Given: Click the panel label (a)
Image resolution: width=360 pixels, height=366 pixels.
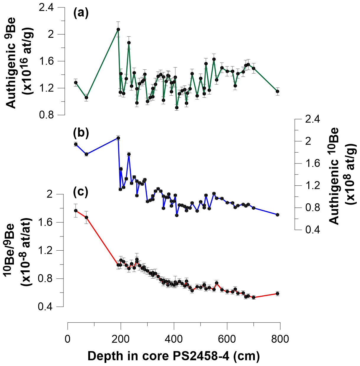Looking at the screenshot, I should coord(81,13).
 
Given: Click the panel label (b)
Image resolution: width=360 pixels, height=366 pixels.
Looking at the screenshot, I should coord(81,133).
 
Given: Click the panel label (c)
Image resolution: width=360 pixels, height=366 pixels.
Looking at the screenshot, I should coord(81,192).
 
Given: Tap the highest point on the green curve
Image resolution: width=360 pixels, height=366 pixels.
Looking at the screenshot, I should coord(118,30).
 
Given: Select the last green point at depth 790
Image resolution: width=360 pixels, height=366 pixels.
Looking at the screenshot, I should coord(277,91).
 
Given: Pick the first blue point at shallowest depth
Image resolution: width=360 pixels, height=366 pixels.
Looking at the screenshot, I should coord(76,144).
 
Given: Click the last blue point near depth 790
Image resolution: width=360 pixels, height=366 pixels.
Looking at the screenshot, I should coord(277,215).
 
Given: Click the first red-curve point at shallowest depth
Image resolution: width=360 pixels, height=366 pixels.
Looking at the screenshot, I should coord(76,211).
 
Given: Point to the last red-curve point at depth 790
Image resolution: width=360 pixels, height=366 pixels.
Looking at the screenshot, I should coord(277,294).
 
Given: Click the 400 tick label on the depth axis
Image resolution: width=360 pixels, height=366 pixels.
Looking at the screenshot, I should coord(174,339).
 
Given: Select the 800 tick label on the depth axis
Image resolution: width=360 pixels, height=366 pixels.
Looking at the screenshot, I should coord(280,339).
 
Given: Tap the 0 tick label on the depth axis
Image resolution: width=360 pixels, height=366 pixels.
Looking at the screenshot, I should coord(68,339).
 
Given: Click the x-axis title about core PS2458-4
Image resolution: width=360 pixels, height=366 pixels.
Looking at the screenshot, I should coord(174,356).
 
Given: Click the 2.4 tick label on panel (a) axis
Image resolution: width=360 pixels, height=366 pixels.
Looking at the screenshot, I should coord(47,8).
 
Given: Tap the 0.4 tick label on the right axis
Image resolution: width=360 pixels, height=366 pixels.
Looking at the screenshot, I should coord(312,230).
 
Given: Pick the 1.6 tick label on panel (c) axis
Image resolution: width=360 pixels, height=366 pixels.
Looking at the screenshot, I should coord(47,222).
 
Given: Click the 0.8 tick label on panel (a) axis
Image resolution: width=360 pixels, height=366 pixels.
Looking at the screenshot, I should coord(47,115).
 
